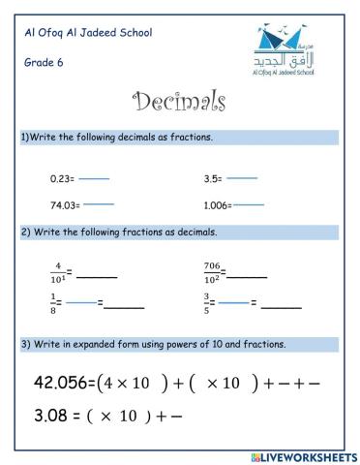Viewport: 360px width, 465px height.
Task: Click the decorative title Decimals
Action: pyautogui.click(x=179, y=102)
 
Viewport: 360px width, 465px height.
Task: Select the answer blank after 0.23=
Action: pyautogui.click(x=94, y=179)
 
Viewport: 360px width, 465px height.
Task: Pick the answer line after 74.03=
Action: pyautogui.click(x=99, y=204)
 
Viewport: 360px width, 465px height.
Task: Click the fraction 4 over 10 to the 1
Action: pyautogui.click(x=59, y=270)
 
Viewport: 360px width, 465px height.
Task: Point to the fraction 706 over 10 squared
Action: pyautogui.click(x=213, y=270)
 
